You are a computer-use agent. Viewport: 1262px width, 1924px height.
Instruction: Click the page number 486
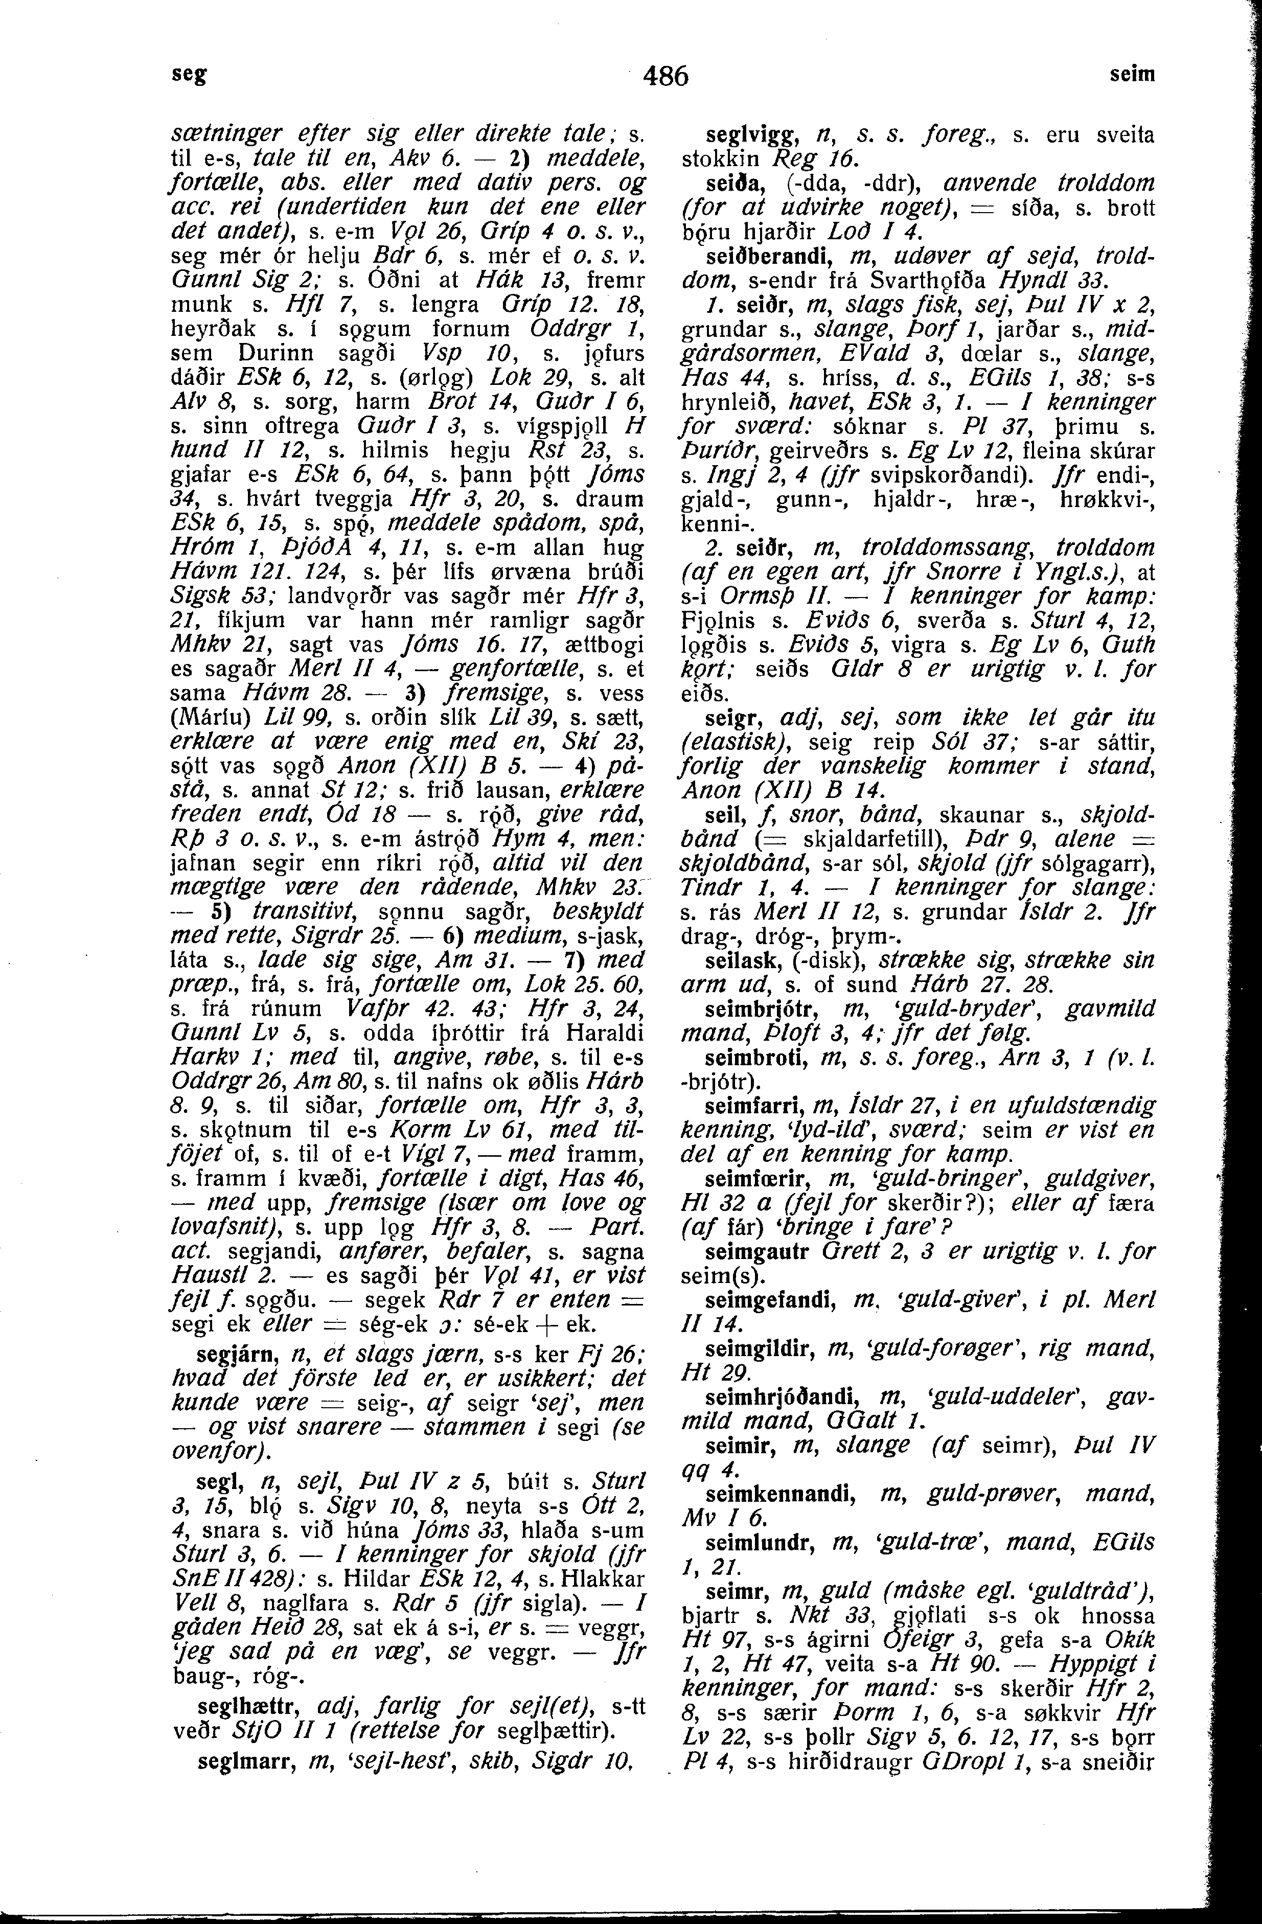(664, 76)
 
